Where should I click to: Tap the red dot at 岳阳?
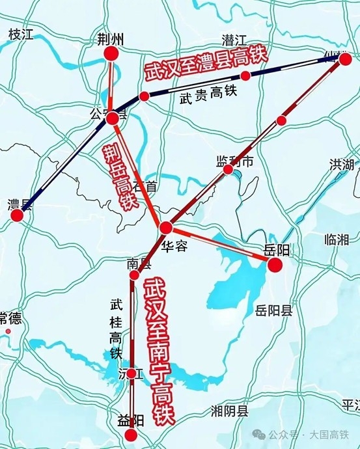click(x=275, y=264)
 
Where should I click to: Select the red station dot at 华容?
click(x=166, y=228)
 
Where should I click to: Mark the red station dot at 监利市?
click(x=228, y=170)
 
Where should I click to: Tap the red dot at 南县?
click(x=135, y=275)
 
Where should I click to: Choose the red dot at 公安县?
click(x=113, y=118)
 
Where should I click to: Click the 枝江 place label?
click(x=21, y=35)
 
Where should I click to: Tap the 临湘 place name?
click(x=336, y=239)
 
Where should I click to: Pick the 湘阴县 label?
click(x=230, y=411)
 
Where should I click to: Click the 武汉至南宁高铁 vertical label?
click(x=158, y=351)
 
